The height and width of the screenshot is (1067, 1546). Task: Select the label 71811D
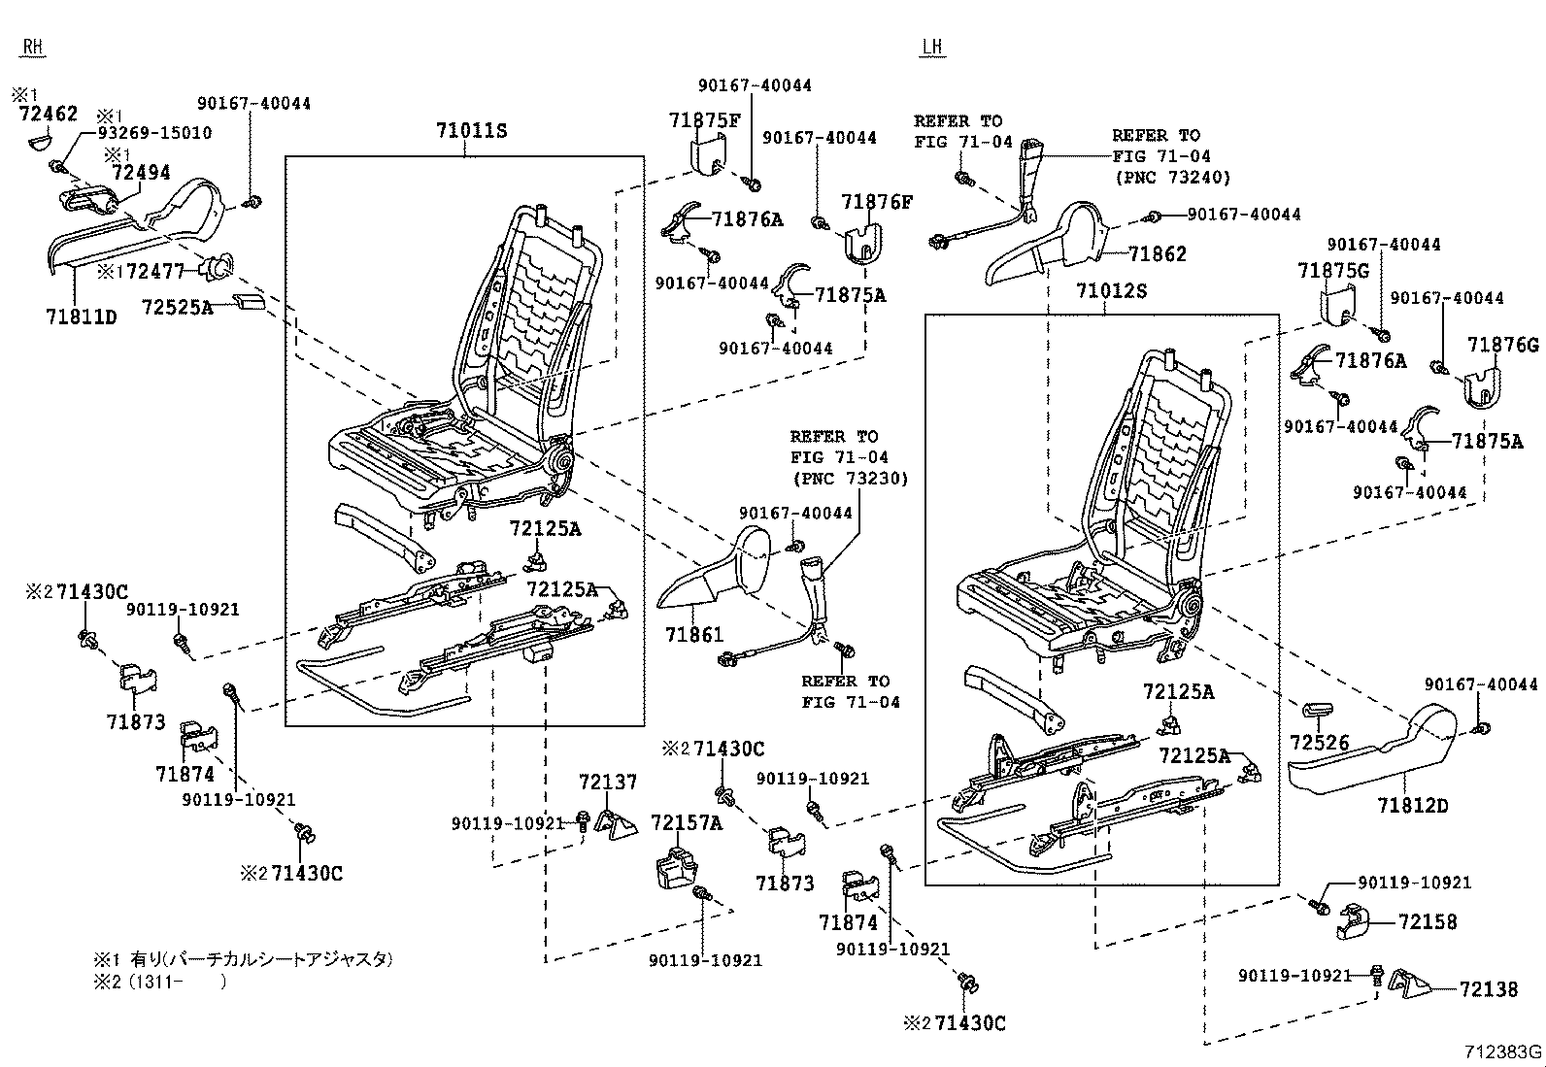point(81,317)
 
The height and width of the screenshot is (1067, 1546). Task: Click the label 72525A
point(177,307)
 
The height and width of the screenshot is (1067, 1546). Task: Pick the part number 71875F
point(704,120)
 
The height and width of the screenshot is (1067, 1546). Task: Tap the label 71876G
point(1502,345)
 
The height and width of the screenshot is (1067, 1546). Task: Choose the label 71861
point(694,635)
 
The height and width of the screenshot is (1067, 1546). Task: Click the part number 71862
point(1158,253)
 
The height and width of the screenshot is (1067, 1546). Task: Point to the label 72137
point(608,782)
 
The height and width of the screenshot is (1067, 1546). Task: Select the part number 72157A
point(687,823)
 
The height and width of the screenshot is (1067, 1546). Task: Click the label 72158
point(1428,921)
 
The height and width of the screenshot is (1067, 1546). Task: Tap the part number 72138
point(1488,989)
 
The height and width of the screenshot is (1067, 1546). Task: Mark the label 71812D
point(1411,806)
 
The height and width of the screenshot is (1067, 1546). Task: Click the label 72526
point(1320,743)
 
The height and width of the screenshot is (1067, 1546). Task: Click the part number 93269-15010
point(153,133)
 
